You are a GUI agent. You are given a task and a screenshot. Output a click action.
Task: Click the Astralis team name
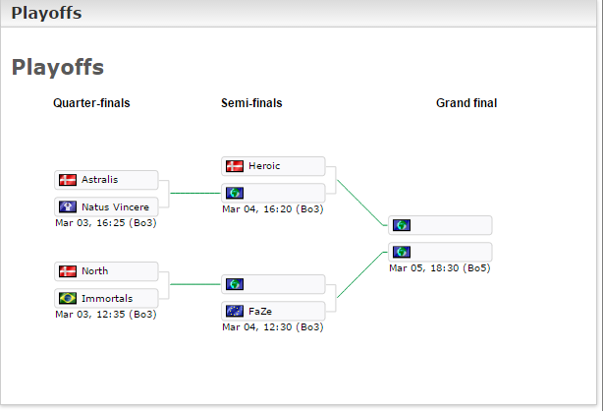(x=99, y=180)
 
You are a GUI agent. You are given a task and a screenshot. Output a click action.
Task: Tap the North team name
(x=95, y=271)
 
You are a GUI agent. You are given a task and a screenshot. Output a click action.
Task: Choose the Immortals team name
(x=107, y=298)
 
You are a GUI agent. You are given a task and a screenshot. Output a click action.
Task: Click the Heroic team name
(x=264, y=166)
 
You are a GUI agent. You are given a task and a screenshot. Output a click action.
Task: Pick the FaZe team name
(x=260, y=311)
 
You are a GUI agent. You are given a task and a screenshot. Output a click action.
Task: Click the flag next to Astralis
(x=68, y=180)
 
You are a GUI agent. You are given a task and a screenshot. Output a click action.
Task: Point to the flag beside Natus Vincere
(x=68, y=207)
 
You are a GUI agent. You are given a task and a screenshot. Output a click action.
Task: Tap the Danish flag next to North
(x=68, y=271)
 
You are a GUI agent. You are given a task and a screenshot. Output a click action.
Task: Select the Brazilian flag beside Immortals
(x=68, y=298)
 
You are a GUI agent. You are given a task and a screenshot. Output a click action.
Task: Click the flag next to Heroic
(x=235, y=166)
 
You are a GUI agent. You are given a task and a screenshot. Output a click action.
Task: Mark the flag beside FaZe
(x=235, y=311)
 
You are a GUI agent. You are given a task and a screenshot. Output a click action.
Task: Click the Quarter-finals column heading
(x=91, y=103)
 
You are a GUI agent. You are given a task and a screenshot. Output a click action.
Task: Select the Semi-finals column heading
(x=252, y=103)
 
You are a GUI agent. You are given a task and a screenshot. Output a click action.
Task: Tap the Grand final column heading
(x=466, y=103)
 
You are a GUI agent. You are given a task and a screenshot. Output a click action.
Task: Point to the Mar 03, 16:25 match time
(x=106, y=223)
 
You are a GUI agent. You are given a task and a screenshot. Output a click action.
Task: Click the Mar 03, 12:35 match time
(x=106, y=315)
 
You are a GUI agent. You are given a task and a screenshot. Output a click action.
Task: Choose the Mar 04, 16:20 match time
(x=273, y=208)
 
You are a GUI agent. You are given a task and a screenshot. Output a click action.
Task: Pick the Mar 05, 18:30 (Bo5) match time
(x=440, y=267)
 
